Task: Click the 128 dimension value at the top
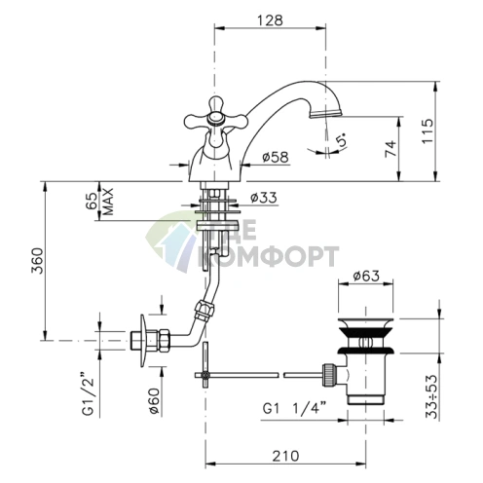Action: pyautogui.click(x=270, y=20)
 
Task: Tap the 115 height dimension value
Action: pyautogui.click(x=427, y=130)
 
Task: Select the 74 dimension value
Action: pyautogui.click(x=390, y=149)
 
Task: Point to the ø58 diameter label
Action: pyautogui.click(x=275, y=158)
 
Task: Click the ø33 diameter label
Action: pyautogui.click(x=264, y=198)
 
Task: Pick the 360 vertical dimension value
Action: pyautogui.click(x=37, y=261)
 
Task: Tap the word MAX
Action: pyautogui.click(x=109, y=202)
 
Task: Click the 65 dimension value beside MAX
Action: pyautogui.click(x=92, y=201)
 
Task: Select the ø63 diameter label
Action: pyautogui.click(x=366, y=276)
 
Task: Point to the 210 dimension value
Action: pyautogui.click(x=285, y=456)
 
